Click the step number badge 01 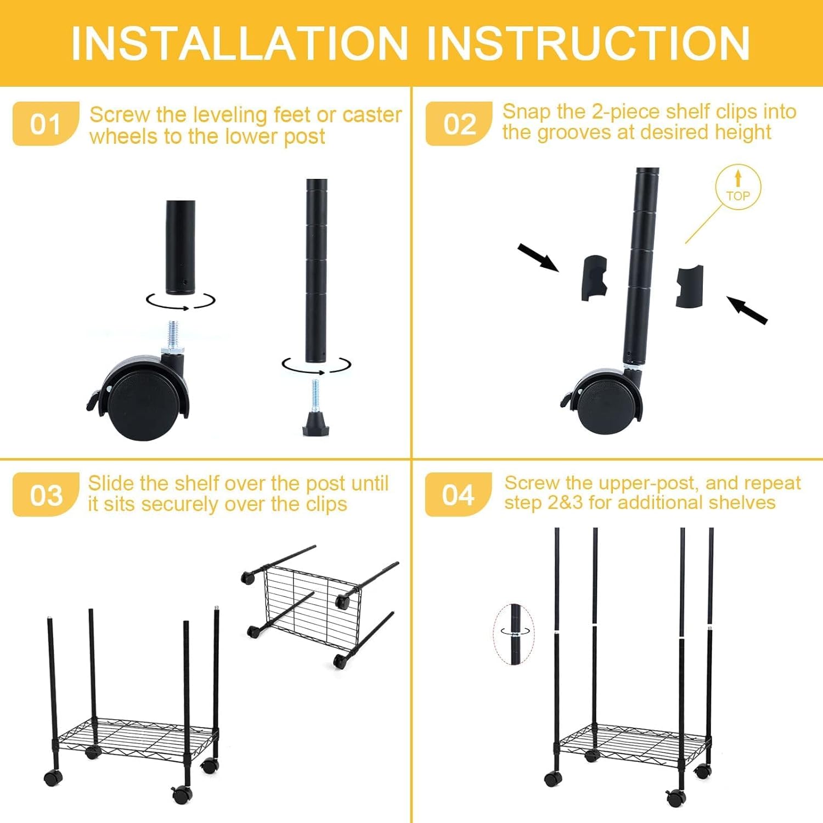pyautogui.click(x=46, y=124)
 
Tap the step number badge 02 pyautogui.click(x=459, y=124)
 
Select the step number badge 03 pyautogui.click(x=46, y=495)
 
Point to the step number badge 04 pyautogui.click(x=458, y=495)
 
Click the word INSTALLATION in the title pyautogui.click(x=240, y=44)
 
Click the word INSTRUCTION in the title pyautogui.click(x=588, y=44)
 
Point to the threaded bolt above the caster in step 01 pyautogui.click(x=173, y=336)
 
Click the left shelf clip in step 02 pyautogui.click(x=594, y=278)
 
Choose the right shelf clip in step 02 pyautogui.click(x=689, y=286)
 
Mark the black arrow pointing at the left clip pyautogui.click(x=538, y=257)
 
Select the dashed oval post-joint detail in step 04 pyautogui.click(x=514, y=634)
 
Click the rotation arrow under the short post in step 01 pyautogui.click(x=181, y=301)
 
